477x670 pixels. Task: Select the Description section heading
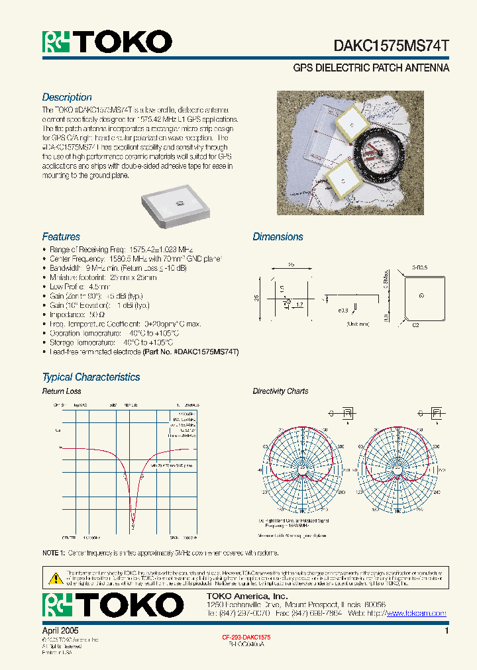pyautogui.click(x=67, y=97)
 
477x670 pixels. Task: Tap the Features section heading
pyautogui.click(x=61, y=236)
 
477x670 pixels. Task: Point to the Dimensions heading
pyautogui.click(x=278, y=237)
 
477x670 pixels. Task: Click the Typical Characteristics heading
pyautogui.click(x=91, y=377)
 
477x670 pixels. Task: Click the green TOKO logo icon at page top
pyautogui.click(x=56, y=42)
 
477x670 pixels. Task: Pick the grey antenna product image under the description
pyautogui.click(x=175, y=205)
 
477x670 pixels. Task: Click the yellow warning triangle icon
pyautogui.click(x=55, y=577)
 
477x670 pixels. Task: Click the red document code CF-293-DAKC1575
pyautogui.click(x=246, y=636)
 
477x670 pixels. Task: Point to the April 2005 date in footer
pyautogui.click(x=60, y=631)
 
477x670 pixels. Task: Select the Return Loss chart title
pyautogui.click(x=62, y=391)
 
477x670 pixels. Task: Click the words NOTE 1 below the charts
pyautogui.click(x=54, y=553)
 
